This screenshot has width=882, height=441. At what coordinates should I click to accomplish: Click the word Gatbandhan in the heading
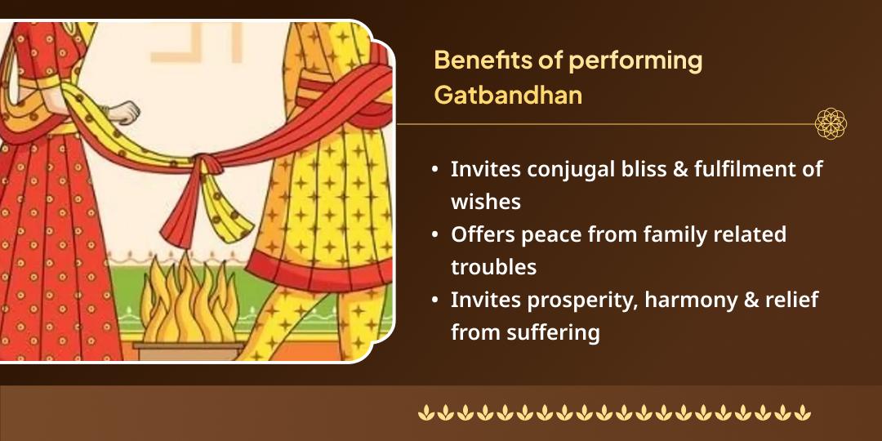click(508, 95)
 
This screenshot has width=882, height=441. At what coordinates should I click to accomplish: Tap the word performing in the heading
click(635, 60)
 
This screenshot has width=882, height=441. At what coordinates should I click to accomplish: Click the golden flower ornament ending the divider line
click(831, 124)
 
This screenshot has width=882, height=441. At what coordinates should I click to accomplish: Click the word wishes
click(485, 201)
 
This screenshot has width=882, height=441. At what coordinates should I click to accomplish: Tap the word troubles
click(493, 266)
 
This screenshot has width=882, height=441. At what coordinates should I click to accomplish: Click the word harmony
click(688, 300)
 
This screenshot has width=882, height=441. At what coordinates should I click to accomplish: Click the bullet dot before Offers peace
click(437, 235)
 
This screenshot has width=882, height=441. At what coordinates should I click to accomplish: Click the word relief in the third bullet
click(792, 300)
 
